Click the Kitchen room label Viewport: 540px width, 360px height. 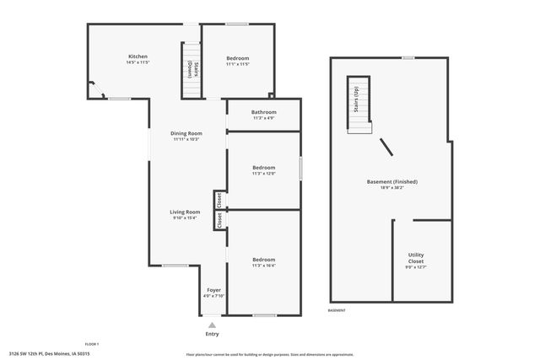[x=138, y=56]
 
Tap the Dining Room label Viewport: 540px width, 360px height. [x=186, y=133]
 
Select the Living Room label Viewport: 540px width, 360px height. [x=186, y=212]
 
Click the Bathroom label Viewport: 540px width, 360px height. [x=264, y=112]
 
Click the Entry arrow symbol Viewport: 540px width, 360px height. [x=213, y=325]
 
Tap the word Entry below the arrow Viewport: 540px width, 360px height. [x=213, y=334]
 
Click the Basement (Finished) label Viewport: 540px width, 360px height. [x=391, y=181]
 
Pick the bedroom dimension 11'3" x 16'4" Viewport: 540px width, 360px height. [x=264, y=266]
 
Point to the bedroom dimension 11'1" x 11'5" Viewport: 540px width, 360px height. [x=237, y=63]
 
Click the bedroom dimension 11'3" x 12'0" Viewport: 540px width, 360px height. [x=264, y=174]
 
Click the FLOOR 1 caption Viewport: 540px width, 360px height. [x=92, y=344]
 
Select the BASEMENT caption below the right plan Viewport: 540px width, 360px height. [x=337, y=310]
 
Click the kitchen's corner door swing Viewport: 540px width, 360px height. [x=95, y=89]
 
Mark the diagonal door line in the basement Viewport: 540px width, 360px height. [x=386, y=148]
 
